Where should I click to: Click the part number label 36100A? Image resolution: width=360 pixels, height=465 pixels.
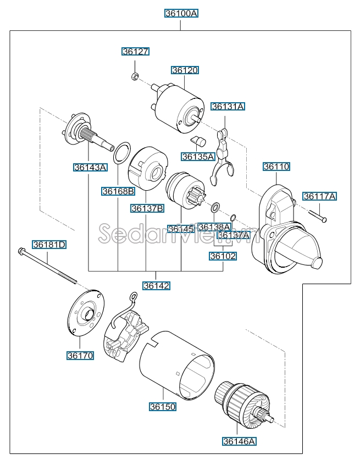point(180,13)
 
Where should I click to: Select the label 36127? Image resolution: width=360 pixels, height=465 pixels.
point(135,51)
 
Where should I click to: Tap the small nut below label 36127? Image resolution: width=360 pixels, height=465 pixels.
point(135,76)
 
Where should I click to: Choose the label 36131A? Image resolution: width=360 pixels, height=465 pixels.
point(228,107)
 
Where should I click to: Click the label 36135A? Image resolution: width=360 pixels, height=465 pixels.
point(198,156)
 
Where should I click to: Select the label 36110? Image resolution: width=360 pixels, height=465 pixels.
point(276,166)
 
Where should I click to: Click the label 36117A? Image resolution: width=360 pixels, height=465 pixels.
point(320,196)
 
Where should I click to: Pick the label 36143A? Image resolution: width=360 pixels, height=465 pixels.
point(91,167)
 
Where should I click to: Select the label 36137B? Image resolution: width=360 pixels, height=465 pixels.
point(147,208)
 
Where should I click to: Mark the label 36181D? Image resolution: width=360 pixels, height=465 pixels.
point(49,245)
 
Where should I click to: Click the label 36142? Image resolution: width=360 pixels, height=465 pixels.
point(156,285)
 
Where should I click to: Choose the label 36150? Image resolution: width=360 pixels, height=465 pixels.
point(163,407)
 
